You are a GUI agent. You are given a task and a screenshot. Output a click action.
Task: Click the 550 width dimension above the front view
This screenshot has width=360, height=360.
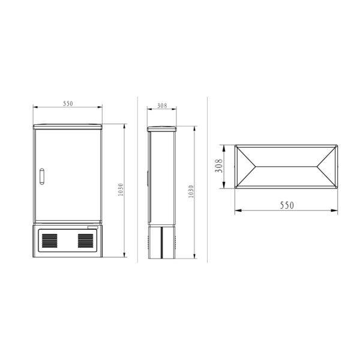pos(68,104)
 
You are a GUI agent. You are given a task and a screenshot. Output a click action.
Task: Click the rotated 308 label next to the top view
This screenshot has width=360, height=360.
pos(219,166)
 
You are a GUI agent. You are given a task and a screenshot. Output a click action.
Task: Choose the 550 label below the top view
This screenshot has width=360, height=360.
pos(287,205)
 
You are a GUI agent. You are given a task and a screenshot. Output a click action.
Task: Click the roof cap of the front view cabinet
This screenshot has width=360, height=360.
pos(68,126)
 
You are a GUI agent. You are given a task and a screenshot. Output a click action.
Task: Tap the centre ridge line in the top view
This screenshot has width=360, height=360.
pos(287,166)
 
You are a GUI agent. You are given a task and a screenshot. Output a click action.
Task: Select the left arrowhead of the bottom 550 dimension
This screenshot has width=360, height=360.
pos(236,211)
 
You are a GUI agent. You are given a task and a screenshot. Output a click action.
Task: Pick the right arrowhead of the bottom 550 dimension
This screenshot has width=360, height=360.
pos(337,211)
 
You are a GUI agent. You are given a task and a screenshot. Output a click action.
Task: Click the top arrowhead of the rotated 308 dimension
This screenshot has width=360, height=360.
pos(224,146)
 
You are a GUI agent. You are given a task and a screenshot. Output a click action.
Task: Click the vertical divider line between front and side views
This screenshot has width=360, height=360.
pos(138,180)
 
